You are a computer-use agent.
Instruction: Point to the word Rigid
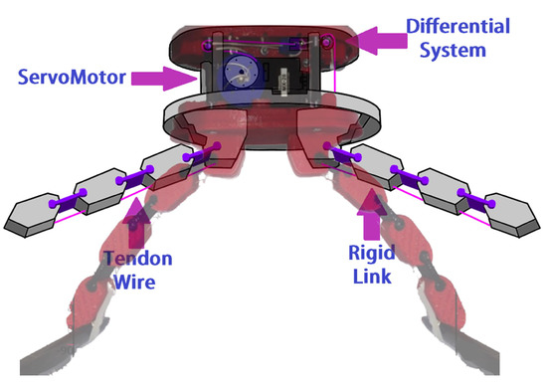pyautogui.click(x=378, y=252)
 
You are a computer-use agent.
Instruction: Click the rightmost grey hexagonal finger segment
pyautogui.click(x=501, y=212)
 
